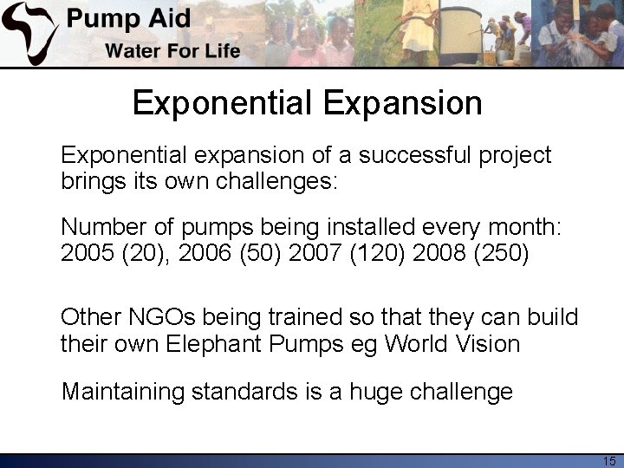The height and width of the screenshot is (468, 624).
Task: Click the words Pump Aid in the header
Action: (129, 19)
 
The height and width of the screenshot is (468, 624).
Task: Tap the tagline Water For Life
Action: (172, 50)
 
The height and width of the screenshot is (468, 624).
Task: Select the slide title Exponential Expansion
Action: (308, 103)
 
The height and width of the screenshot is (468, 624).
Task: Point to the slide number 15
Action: (608, 461)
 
